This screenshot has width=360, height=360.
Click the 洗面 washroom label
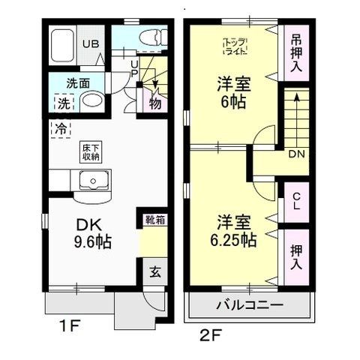pos(77,82)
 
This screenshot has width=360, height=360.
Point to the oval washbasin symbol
pos(91,102)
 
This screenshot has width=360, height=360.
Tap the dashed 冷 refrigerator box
pos(58,128)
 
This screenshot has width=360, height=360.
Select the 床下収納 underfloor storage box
pos(91,152)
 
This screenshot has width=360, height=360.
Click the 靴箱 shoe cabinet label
pos(155,220)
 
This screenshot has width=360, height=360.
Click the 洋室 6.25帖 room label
pos(235,231)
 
